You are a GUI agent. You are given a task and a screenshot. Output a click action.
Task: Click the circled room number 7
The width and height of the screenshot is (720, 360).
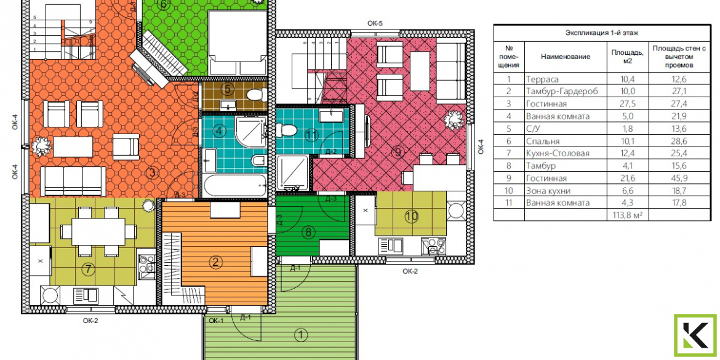click(x=88, y=269)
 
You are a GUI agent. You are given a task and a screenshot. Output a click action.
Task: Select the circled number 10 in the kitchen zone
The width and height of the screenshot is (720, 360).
click(x=412, y=216)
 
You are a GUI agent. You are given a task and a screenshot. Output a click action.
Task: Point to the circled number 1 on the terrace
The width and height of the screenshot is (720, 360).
click(x=301, y=335)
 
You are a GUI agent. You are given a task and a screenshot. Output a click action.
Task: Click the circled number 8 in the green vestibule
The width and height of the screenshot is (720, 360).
click(x=308, y=233)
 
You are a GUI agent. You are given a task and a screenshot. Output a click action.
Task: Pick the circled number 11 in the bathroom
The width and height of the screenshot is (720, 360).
click(x=312, y=135)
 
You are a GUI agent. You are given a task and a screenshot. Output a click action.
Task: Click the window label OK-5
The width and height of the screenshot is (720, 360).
click(x=375, y=23)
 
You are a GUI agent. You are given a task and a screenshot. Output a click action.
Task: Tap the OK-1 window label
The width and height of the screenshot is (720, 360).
click(x=215, y=321)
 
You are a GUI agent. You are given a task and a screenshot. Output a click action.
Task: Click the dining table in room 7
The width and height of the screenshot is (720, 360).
click(x=98, y=231)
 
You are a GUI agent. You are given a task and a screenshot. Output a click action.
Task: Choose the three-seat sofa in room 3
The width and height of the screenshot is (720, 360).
click(x=73, y=181)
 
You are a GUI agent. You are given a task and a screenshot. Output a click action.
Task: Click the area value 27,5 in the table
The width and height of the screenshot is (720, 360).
click(x=627, y=104)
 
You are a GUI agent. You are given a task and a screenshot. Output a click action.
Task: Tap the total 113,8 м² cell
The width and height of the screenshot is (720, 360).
click(x=627, y=215)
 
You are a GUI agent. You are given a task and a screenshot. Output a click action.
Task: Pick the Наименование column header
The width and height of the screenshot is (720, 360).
click(x=566, y=57)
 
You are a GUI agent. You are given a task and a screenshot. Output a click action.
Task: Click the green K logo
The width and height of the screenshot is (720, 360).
click(x=695, y=336)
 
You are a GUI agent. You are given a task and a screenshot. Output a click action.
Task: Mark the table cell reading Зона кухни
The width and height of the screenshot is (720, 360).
click(x=549, y=191)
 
